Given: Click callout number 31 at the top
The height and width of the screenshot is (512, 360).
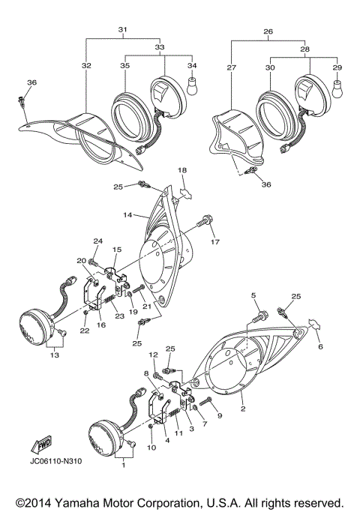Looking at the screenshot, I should coord(123,30).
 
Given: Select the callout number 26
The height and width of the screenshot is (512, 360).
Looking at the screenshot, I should coord(268,31).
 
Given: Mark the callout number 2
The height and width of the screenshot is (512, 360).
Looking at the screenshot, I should coord(242,410).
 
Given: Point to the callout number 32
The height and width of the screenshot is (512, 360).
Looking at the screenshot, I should coord(86,66).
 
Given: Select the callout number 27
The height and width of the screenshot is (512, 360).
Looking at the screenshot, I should coord(231,67).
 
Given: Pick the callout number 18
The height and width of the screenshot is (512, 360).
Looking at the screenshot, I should coord(181,171).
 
